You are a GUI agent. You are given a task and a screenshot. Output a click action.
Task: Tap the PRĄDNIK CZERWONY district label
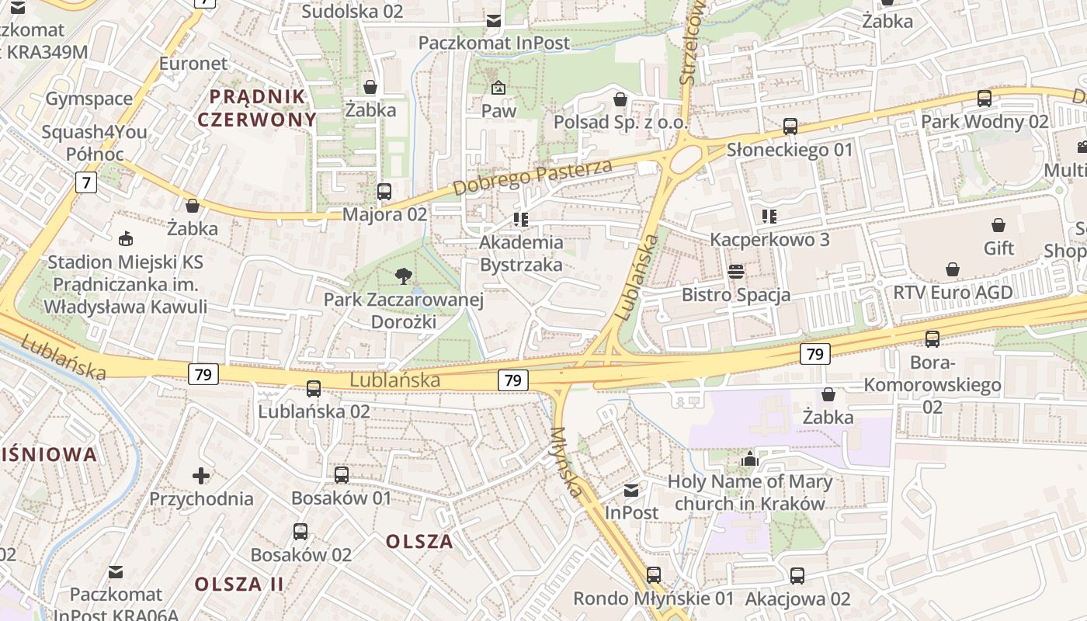257,108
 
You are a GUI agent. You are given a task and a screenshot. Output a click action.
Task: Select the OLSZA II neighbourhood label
239,584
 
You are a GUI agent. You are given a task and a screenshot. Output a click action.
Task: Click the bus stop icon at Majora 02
384,191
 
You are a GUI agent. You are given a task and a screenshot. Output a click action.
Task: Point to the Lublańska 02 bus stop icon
314,388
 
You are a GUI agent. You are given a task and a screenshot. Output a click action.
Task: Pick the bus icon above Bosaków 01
342,474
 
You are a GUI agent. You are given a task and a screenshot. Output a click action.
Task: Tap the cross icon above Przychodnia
201,474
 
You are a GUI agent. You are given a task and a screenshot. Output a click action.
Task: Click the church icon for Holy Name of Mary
749,459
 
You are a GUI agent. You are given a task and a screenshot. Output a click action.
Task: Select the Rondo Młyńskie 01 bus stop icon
654,574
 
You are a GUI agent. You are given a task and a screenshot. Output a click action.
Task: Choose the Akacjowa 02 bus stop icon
797,575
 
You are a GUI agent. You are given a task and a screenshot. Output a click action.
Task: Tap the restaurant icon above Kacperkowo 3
769,216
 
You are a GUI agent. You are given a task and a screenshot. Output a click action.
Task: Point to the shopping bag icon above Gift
998,225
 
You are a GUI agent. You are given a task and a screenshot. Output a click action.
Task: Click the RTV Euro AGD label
953,293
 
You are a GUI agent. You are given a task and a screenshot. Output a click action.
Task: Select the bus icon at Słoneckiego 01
790,126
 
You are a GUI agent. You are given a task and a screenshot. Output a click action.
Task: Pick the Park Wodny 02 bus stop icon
985,99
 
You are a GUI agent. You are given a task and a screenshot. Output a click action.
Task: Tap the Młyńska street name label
567,462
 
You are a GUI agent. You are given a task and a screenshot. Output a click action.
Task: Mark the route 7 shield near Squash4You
86,183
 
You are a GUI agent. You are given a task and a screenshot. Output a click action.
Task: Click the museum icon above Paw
498,88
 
